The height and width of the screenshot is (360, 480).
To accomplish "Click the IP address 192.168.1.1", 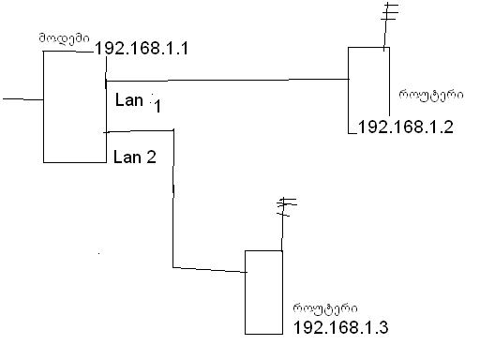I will pos(142,48).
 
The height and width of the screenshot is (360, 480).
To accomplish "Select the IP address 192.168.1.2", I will pos(406,127).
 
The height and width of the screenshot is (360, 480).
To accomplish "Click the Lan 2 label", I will pos(135,157).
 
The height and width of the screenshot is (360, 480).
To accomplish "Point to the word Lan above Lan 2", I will pos(130,99).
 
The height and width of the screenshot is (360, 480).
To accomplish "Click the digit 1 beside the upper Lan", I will pos(158,108).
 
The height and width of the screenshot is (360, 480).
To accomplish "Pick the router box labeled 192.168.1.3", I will pos(263,292).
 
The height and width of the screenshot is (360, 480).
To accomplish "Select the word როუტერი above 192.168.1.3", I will pos(321,307).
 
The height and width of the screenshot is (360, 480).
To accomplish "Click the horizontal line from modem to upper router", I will pos(225,81).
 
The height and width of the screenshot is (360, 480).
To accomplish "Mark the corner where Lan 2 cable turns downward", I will pos(172,134).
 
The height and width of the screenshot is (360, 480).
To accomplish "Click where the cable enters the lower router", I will pos(245,272).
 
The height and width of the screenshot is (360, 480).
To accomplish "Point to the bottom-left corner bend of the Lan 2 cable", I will pos(173,266).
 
